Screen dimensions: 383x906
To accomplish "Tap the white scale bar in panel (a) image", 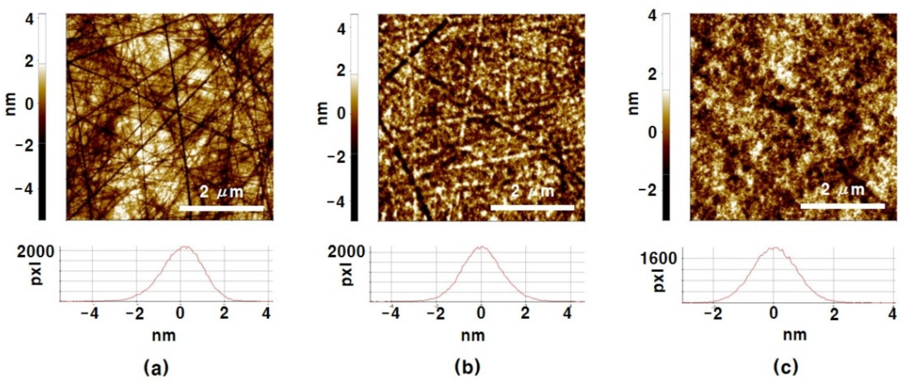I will point(222,209).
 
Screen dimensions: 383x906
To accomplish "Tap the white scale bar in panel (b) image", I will point(532,208).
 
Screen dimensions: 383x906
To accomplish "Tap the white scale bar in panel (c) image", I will point(843,206).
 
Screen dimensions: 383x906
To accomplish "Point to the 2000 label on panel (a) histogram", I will point(35,252).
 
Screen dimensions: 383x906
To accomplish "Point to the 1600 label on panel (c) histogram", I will point(658,259).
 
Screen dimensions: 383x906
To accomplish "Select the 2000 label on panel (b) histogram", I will point(346,252).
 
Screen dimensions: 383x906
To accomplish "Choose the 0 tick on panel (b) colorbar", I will point(341,114).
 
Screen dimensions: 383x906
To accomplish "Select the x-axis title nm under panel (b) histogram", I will point(473,336).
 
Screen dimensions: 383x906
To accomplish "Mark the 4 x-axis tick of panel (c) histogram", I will point(892,314).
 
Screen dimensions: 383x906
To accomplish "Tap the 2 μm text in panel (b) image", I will point(532,191).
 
